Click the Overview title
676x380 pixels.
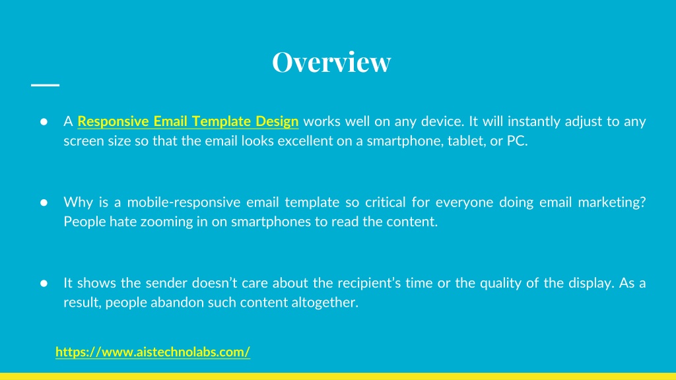[331, 61]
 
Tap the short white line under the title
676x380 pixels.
[46, 85]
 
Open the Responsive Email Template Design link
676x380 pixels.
[188, 121]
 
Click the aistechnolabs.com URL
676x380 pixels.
[152, 352]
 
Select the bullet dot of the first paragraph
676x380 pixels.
[44, 122]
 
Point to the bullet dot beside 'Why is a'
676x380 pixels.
[44, 203]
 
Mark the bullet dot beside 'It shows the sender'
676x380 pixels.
[44, 283]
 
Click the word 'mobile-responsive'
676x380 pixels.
[184, 202]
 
